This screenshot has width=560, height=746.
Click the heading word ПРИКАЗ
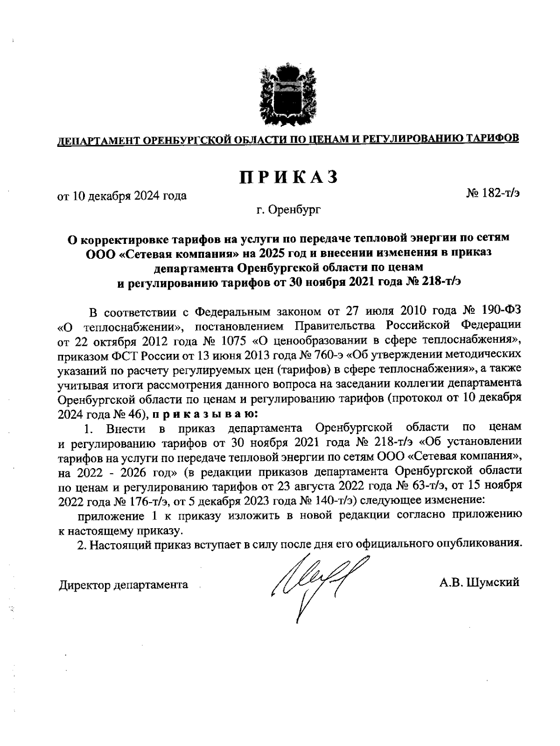[x=288, y=178]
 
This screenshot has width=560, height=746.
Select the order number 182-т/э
[x=498, y=193]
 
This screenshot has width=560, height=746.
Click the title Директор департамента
[x=123, y=585]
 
